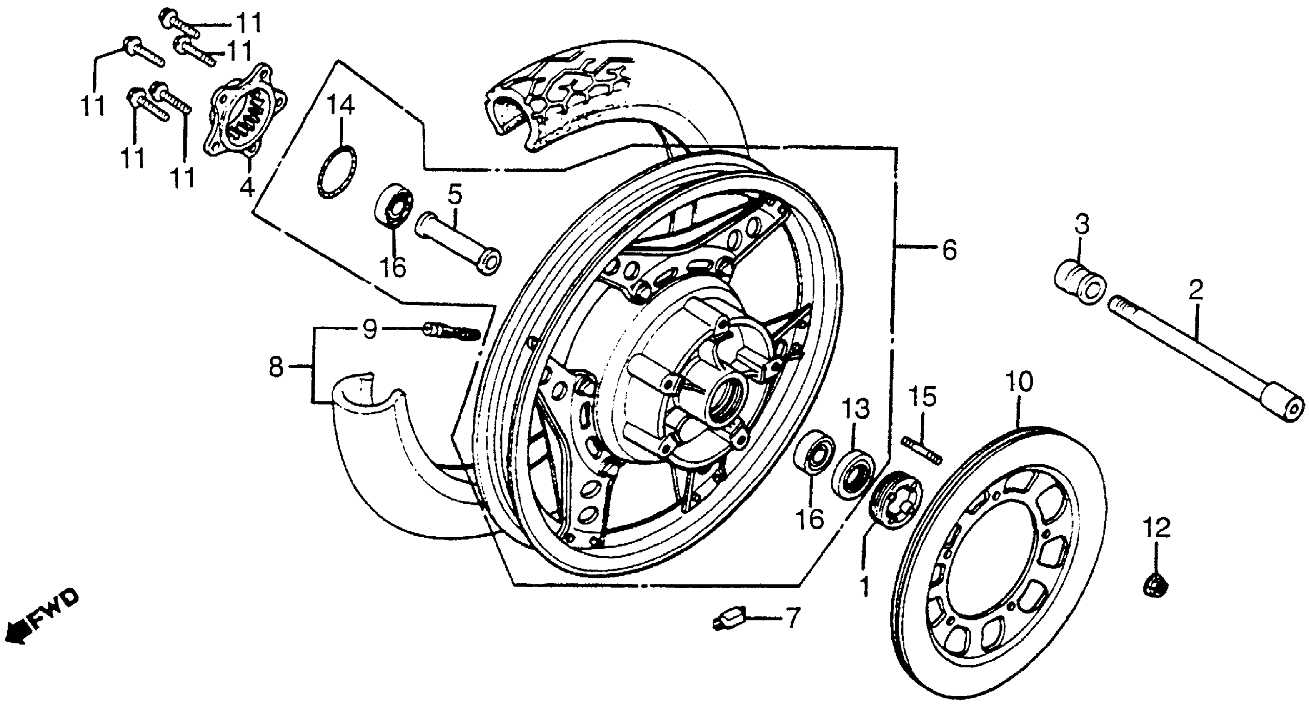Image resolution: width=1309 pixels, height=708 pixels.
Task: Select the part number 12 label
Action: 1156,528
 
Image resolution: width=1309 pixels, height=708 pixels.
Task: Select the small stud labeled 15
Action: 922,450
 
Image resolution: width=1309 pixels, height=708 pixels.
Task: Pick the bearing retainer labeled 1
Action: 899,500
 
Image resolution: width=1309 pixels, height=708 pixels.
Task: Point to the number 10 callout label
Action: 1018,382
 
